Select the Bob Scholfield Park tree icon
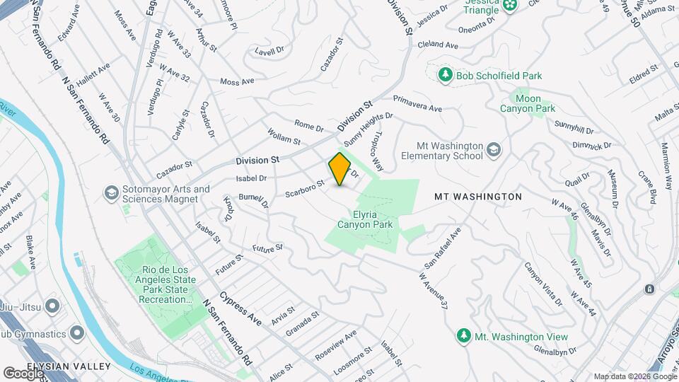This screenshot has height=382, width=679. (445, 75)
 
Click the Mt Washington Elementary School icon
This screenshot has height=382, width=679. (493, 149)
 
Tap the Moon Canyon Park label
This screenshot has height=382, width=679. (528, 103)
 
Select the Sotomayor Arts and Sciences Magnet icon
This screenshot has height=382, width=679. (111, 193)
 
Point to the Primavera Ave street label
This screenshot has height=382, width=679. (417, 103)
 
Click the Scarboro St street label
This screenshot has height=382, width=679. (304, 187)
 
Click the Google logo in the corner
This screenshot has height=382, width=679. (22, 373)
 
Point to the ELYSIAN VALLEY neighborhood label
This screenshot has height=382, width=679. (68, 366)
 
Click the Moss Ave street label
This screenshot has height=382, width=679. (237, 82)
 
